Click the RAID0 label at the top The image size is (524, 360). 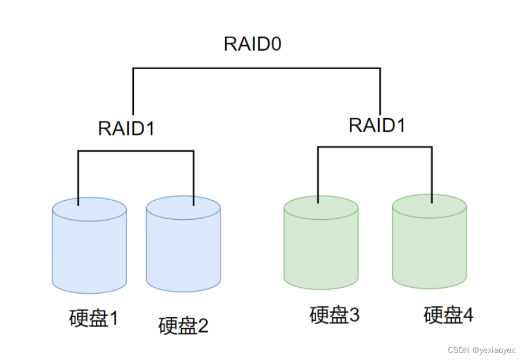(x=252, y=44)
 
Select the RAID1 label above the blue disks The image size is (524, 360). (x=126, y=128)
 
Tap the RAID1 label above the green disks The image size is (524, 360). (x=377, y=125)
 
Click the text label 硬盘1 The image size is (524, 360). (x=93, y=318)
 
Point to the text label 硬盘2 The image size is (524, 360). (x=183, y=326)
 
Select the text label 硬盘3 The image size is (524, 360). (x=334, y=315)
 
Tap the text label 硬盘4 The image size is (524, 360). (x=448, y=315)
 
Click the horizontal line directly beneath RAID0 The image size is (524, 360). (x=257, y=69)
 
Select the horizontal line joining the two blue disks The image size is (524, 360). (x=136, y=152)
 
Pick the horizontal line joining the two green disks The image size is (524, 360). (x=375, y=147)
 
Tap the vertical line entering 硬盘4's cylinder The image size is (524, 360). (x=432, y=173)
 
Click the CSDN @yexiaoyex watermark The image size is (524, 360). (x=481, y=350)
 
